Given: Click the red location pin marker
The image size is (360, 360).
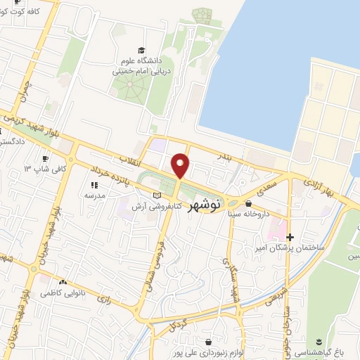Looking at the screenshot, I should point(181,166).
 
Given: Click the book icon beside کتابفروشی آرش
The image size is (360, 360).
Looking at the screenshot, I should point(156,195).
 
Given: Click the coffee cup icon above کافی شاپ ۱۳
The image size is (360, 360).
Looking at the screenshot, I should point(46,159).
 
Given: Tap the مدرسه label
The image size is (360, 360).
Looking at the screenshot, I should point(95,196).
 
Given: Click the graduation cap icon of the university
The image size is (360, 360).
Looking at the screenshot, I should point(141,50).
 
